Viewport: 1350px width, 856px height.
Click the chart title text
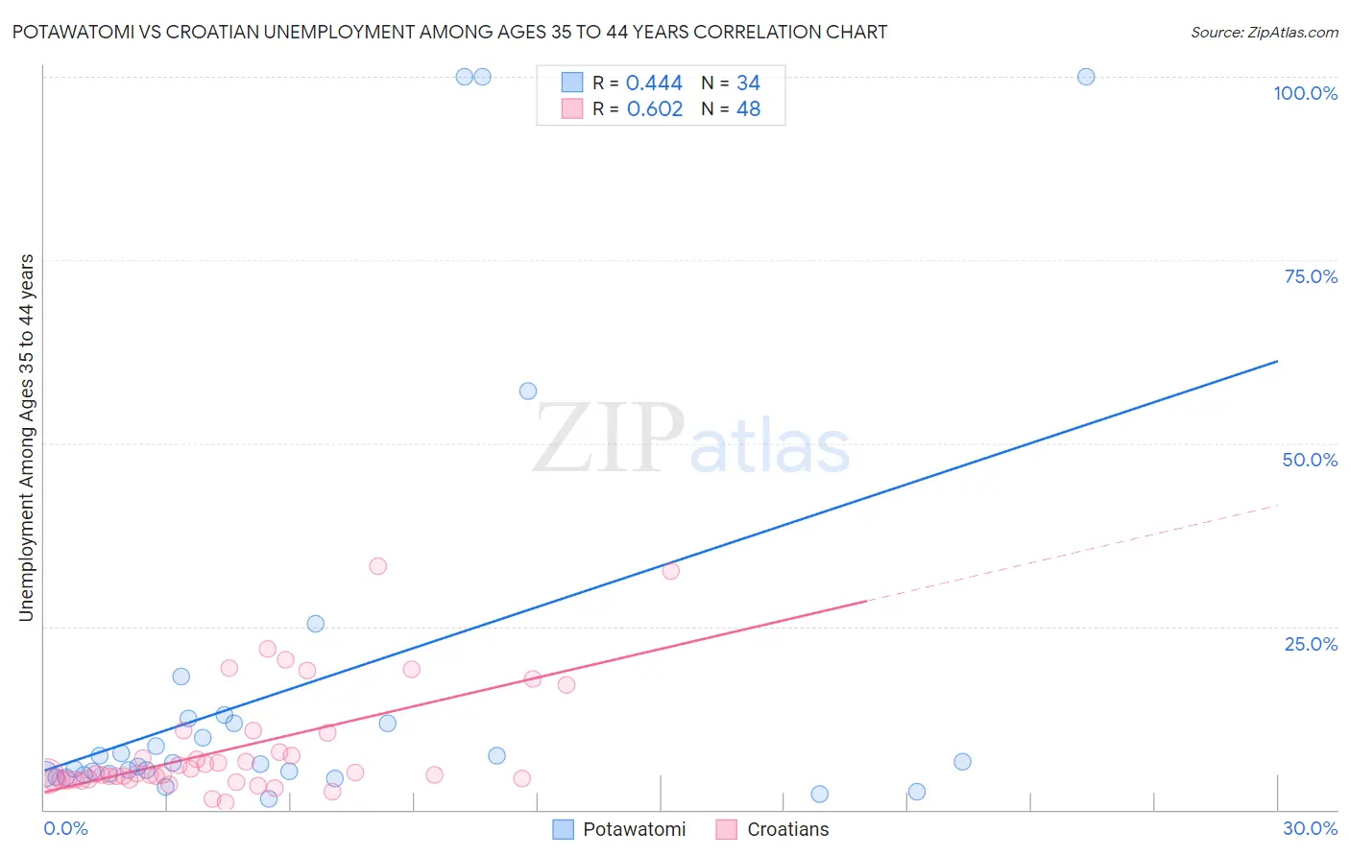tap(449, 32)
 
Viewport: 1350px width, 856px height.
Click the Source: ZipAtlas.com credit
tap(1264, 32)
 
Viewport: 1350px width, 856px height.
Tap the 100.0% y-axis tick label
tap(1305, 93)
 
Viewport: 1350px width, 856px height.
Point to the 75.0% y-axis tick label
tap(1311, 276)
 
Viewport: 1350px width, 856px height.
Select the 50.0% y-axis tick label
tap(1310, 460)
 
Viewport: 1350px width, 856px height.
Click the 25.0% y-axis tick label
tap(1311, 644)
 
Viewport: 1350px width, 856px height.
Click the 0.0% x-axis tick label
tap(65, 828)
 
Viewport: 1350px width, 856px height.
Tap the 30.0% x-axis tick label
tap(1310, 828)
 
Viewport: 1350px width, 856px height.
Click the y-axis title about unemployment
tap(26, 438)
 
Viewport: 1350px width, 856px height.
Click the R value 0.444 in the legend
tap(654, 83)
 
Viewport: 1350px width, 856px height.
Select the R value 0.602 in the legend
tap(654, 109)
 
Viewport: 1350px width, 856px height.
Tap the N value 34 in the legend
tap(748, 83)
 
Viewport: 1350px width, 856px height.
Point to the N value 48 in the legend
tap(748, 109)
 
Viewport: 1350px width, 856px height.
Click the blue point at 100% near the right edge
tap(1086, 77)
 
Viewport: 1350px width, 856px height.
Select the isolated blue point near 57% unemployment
tap(528, 391)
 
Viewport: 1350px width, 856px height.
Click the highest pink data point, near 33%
tap(378, 566)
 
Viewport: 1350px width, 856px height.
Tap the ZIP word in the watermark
tap(609, 439)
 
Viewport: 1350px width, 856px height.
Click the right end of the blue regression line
tap(1277, 361)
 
